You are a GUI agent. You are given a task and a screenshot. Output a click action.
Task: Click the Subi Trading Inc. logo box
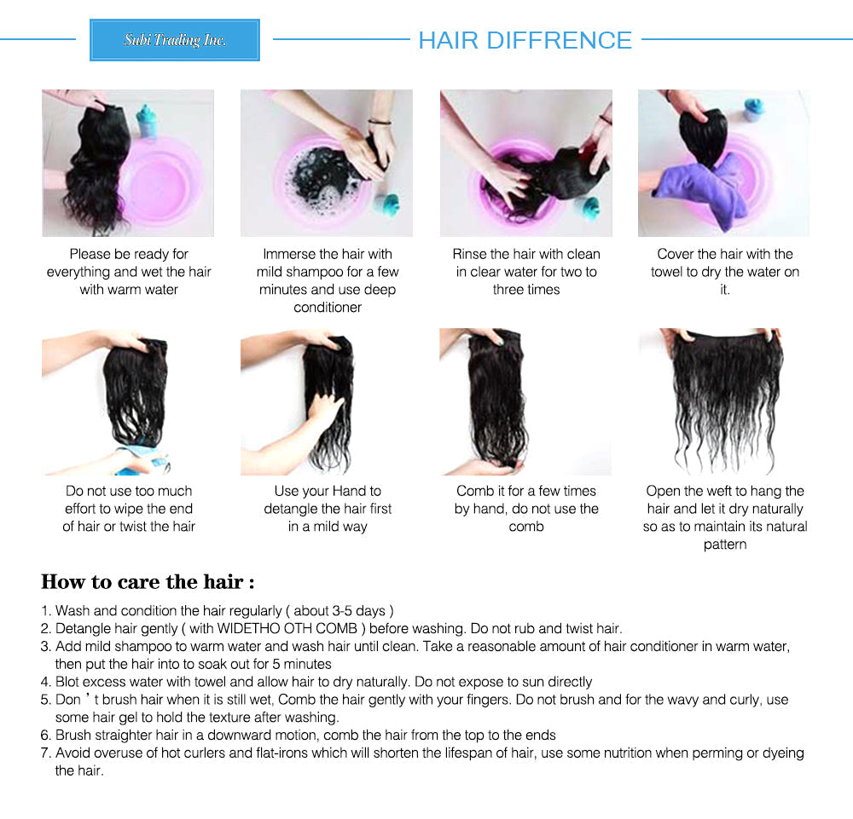[175, 40]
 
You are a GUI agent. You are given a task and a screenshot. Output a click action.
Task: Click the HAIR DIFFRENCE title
[525, 40]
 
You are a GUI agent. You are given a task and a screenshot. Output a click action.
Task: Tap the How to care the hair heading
[148, 582]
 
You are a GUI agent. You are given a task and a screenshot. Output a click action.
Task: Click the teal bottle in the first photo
[147, 121]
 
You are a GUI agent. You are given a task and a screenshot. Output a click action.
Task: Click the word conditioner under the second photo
[328, 308]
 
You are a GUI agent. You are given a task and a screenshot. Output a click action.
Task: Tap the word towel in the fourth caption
[667, 272]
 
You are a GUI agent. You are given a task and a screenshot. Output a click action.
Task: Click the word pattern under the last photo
[724, 545]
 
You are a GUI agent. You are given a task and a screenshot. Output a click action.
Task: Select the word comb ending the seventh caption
[526, 527]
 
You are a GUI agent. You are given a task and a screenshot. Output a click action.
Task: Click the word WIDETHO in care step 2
[247, 629]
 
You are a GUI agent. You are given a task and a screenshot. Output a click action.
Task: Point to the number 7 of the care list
[46, 753]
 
